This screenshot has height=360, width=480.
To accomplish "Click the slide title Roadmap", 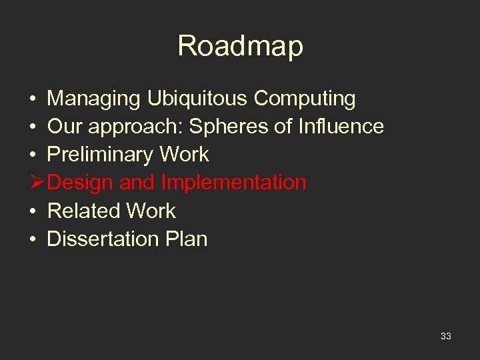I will (240, 46).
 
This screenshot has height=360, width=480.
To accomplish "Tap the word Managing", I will (93, 99).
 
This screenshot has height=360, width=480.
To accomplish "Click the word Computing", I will (305, 99).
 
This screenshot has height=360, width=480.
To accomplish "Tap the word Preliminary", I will (100, 155).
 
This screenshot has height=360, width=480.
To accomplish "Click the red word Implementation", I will (233, 183).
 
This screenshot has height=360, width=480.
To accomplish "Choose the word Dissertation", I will (102, 239).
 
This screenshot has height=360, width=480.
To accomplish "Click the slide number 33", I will (445, 336).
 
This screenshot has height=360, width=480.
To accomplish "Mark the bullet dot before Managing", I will (33, 99).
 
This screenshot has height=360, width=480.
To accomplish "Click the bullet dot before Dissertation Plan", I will (33, 239).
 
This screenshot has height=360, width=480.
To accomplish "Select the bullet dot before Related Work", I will (33, 211).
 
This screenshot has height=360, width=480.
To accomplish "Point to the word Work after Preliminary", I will (183, 155).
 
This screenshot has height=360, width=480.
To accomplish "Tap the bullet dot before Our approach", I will (33, 127).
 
